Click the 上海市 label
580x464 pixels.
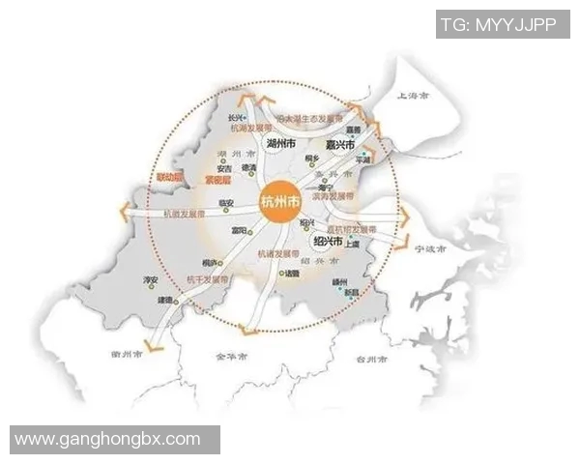click(416, 97)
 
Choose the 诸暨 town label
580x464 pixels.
click(291, 274)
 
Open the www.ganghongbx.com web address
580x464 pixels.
click(108, 439)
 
